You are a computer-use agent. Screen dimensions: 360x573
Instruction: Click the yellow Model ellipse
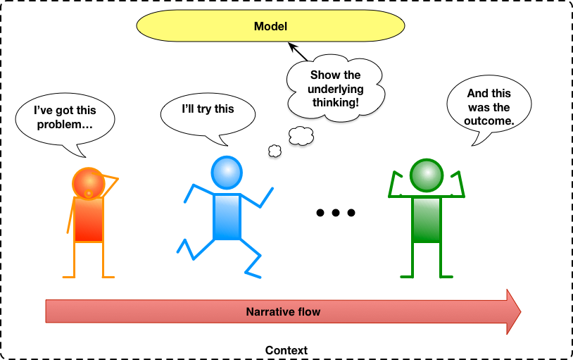[x=271, y=27]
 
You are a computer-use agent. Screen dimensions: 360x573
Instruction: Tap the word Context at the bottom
[x=286, y=350]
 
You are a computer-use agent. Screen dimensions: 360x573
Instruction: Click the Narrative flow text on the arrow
[x=283, y=311]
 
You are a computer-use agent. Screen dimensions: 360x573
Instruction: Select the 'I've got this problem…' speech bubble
[x=65, y=118]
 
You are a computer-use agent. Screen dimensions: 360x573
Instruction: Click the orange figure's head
[x=88, y=182]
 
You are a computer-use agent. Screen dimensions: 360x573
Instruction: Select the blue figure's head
[x=227, y=172]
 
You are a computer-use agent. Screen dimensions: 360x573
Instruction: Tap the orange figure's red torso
[x=89, y=219]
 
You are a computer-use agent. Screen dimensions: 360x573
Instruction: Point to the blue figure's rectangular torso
[x=227, y=216]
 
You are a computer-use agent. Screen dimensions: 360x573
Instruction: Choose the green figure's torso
[x=427, y=220]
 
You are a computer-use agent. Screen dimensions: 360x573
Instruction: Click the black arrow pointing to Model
[x=297, y=52]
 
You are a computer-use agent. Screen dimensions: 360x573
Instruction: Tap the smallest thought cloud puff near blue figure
[x=275, y=149]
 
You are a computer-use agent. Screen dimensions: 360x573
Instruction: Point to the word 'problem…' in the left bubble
[x=65, y=125]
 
